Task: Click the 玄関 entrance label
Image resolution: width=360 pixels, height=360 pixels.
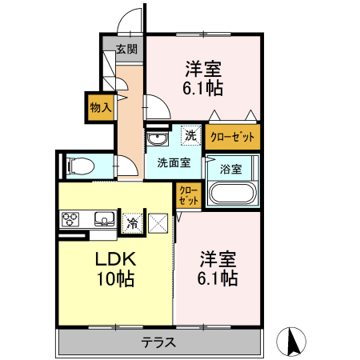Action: (126, 49)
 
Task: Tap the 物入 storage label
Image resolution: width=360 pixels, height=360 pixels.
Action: (99, 106)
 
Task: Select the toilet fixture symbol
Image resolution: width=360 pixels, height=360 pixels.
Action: (81, 166)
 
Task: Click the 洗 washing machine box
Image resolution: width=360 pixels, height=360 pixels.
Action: (190, 136)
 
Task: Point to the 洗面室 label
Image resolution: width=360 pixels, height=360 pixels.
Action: (173, 163)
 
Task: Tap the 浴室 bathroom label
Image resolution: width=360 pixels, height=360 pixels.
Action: (230, 169)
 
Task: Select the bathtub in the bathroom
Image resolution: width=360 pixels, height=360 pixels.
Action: (231, 194)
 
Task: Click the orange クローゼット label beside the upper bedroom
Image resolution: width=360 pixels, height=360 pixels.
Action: (232, 137)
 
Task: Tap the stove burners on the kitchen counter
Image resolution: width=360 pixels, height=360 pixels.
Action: (67, 218)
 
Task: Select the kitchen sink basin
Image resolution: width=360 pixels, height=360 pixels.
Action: (102, 218)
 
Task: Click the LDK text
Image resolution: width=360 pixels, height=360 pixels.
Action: (117, 260)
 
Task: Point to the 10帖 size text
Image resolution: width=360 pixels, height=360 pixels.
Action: (117, 280)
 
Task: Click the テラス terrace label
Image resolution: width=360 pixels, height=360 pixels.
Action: (158, 343)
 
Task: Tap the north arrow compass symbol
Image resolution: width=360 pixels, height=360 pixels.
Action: (292, 342)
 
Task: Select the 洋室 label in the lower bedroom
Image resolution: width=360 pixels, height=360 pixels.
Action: (218, 260)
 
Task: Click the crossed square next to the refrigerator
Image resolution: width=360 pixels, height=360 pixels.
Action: (158, 223)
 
